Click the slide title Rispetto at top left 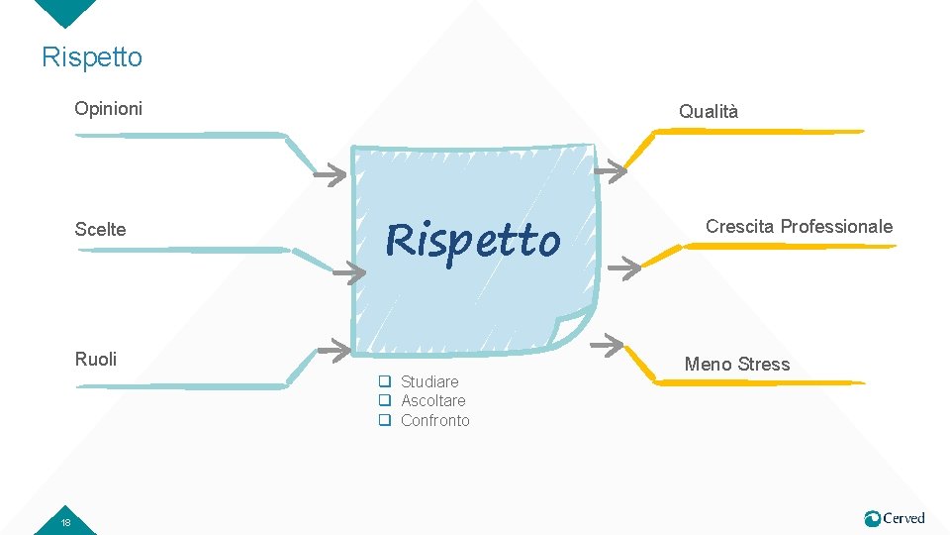click(x=92, y=57)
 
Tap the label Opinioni click(x=109, y=108)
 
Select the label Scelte click(x=101, y=230)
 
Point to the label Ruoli click(x=96, y=359)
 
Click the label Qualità click(x=709, y=112)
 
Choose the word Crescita click(x=740, y=227)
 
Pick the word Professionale click(x=836, y=227)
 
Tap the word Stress click(x=765, y=365)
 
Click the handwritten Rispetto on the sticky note click(x=473, y=240)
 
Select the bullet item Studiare click(x=429, y=381)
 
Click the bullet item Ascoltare click(x=432, y=400)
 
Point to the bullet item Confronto click(x=434, y=420)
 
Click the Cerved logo click(x=895, y=518)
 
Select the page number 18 click(x=65, y=522)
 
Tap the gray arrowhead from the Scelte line click(x=348, y=272)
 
